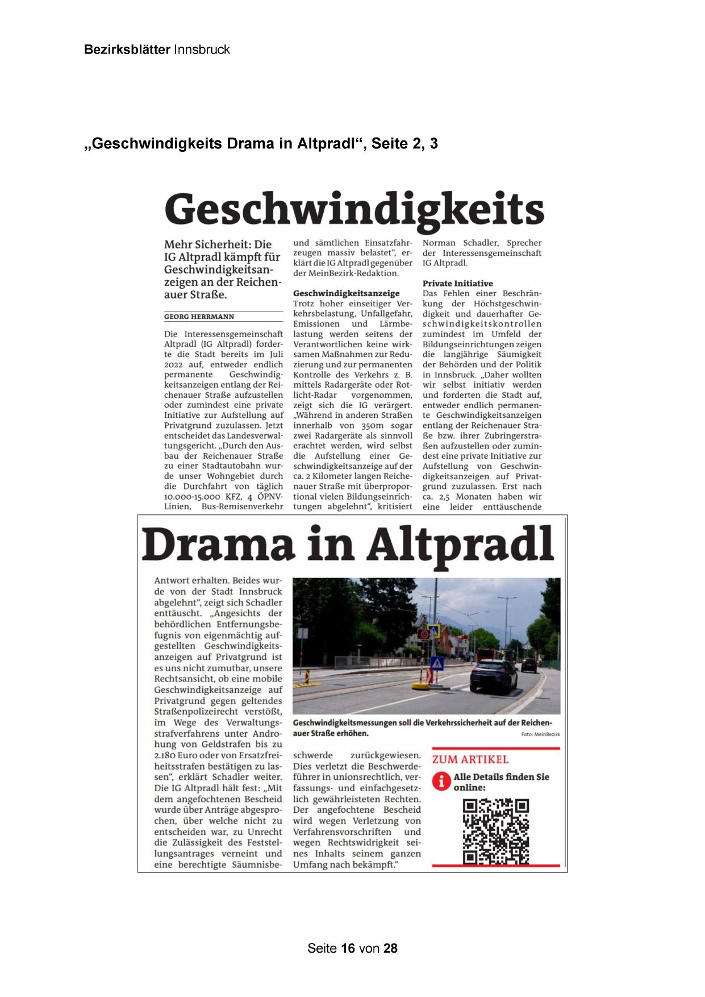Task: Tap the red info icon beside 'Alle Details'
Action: [441, 781]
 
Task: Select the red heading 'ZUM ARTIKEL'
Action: [470, 759]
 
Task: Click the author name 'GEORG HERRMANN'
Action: [199, 317]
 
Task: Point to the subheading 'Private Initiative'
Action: [457, 283]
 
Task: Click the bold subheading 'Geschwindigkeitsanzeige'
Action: [346, 293]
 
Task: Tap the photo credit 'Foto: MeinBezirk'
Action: [540, 734]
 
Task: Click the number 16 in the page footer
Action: [348, 948]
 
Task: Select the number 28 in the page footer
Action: [390, 948]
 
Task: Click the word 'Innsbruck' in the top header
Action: [202, 49]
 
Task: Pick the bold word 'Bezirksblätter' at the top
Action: [127, 49]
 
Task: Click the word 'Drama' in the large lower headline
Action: [219, 545]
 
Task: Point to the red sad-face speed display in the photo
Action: [424, 633]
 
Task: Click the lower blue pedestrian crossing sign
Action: [437, 663]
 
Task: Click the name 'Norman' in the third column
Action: [439, 243]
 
